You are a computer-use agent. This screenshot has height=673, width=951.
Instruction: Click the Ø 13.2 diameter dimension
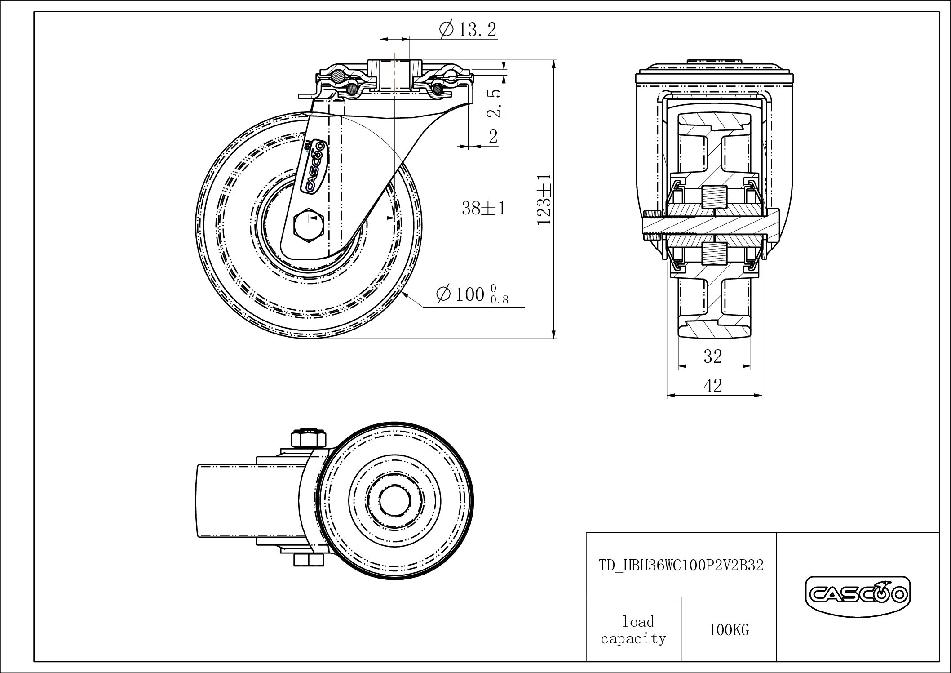click(x=468, y=30)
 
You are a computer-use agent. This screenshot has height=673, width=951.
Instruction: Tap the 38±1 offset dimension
click(x=484, y=208)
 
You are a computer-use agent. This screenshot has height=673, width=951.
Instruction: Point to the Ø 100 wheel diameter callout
click(x=472, y=295)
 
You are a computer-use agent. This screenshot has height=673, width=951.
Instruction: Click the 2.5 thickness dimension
click(x=494, y=103)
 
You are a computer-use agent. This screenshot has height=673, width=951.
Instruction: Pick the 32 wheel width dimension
click(x=713, y=357)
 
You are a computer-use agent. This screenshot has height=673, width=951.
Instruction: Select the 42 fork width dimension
click(x=713, y=386)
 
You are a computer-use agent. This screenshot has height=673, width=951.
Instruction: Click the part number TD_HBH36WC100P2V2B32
click(x=681, y=566)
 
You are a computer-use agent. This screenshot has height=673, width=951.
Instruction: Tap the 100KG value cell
click(x=729, y=630)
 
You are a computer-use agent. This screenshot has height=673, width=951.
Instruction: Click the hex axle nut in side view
click(x=309, y=225)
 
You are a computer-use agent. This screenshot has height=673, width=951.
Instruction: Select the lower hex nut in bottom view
click(x=309, y=560)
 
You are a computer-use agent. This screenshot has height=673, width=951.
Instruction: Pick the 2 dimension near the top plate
click(x=493, y=137)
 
